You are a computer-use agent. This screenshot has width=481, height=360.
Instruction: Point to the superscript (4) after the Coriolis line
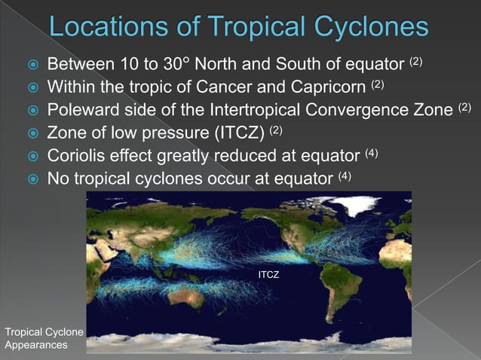click(x=371, y=154)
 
